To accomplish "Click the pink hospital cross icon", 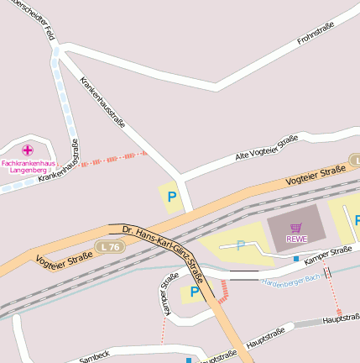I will pyautogui.click(x=27, y=150).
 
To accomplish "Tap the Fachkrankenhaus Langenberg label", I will pyautogui.click(x=29, y=166).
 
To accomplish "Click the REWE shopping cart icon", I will pyautogui.click(x=295, y=227).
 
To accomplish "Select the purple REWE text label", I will pyautogui.click(x=296, y=239).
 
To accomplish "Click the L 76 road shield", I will pyautogui.click(x=108, y=246).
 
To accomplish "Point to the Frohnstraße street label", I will pyautogui.click(x=316, y=36).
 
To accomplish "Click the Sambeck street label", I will pyautogui.click(x=94, y=357).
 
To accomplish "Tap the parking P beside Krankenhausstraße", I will pyautogui.click(x=172, y=197).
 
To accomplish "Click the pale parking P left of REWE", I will pyautogui.click(x=241, y=245).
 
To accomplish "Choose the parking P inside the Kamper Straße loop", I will pyautogui.click(x=195, y=292).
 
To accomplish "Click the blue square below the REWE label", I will pyautogui.click(x=296, y=259).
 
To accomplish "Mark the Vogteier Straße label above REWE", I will pyautogui.click(x=316, y=176).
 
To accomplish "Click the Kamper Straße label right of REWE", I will pyautogui.click(x=328, y=254).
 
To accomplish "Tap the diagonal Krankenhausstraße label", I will pyautogui.click(x=102, y=103).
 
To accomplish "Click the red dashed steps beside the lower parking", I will pyautogui.click(x=223, y=291).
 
